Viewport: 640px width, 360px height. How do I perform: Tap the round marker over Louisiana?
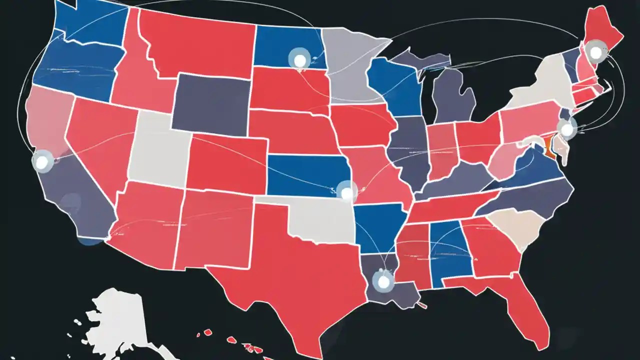coord(383,281)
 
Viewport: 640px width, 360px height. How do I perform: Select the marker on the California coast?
coord(42,161)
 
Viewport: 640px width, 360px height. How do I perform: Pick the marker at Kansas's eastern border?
coord(346,190)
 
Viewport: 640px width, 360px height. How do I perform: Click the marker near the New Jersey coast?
coord(566,130)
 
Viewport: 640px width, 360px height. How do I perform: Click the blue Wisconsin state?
coord(395,87)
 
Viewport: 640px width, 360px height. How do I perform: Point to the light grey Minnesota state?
coord(347,65)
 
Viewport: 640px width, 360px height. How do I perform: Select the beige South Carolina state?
coord(515,227)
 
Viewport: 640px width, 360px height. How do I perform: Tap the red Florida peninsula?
coord(520,310)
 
